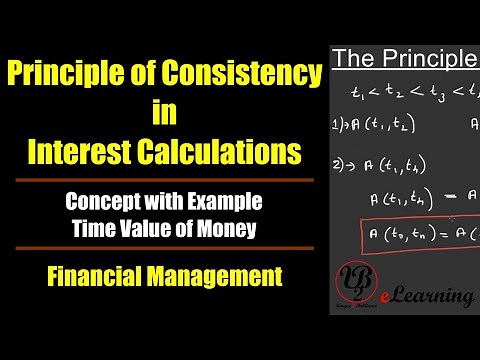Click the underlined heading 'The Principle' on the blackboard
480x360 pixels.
pyautogui.click(x=404, y=60)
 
